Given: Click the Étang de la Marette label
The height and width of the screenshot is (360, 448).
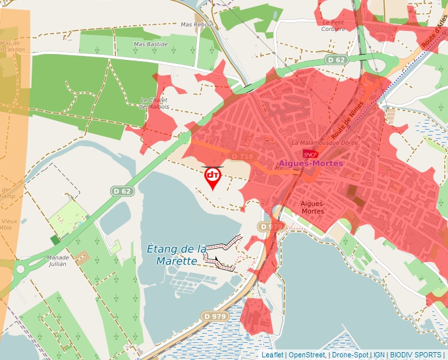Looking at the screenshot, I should [x=177, y=255].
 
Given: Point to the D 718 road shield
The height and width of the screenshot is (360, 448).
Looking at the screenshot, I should [x=242, y=156].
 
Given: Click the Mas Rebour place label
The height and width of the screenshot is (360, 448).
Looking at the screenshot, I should [x=198, y=24].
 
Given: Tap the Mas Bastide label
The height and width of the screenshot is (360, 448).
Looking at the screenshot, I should [x=151, y=44].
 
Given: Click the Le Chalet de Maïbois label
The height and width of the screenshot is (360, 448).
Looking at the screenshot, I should [x=155, y=103].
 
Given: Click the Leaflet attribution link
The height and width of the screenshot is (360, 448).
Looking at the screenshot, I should [x=272, y=355].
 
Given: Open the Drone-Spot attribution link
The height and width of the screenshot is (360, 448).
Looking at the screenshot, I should [x=349, y=355].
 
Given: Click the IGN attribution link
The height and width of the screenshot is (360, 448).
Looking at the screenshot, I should [x=379, y=355].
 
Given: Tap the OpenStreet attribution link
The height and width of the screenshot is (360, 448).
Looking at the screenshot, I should [x=306, y=355].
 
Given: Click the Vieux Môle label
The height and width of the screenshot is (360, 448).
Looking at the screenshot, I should [x=9, y=225].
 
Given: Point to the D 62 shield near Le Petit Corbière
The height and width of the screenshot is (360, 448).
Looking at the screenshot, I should [x=335, y=60].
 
